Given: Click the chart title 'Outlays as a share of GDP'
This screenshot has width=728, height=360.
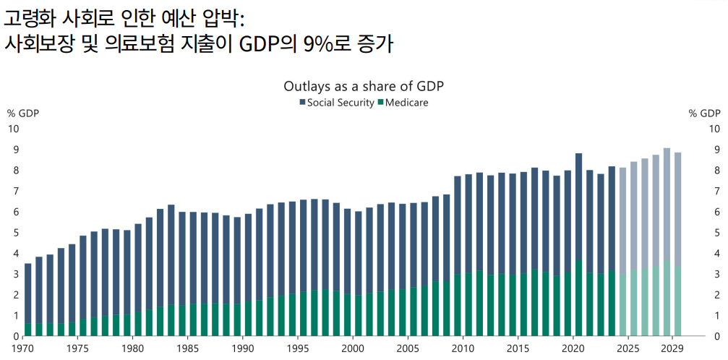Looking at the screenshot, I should tap(363, 86).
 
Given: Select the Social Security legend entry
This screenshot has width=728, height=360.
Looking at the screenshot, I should tap(336, 103).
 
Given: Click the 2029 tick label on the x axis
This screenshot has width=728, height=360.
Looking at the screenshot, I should tap(672, 348).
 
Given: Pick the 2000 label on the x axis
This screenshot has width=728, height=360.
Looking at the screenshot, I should tap(353, 348).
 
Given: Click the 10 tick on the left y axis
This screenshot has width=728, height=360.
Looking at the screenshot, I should tap(13, 129).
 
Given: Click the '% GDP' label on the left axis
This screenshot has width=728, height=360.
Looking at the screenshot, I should tap(23, 113).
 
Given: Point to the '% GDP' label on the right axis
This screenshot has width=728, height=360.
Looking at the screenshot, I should tap(704, 113).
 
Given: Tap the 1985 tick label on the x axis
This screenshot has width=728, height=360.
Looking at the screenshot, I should tap(187, 348).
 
